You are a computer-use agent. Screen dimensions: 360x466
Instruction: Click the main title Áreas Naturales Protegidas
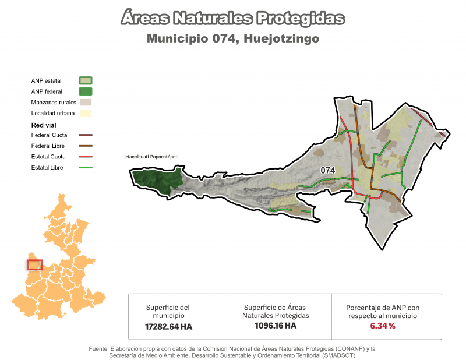click(x=232, y=18)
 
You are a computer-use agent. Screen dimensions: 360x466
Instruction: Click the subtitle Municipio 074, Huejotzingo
click(x=232, y=39)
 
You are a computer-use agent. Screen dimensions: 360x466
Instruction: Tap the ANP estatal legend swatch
click(x=86, y=80)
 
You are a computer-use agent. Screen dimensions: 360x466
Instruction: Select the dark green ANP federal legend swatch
click(x=86, y=91)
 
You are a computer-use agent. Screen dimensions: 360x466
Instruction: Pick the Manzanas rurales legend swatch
click(x=86, y=102)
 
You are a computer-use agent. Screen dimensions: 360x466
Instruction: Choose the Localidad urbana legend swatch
click(x=86, y=113)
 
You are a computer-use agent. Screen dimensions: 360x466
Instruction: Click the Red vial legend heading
click(x=44, y=125)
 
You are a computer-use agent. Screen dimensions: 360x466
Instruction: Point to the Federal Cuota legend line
click(x=86, y=135)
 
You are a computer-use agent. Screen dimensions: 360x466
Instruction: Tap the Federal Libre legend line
click(x=86, y=146)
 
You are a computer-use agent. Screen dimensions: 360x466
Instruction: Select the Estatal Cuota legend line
click(x=86, y=157)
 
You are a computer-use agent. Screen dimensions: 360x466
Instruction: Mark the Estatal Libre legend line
click(x=86, y=168)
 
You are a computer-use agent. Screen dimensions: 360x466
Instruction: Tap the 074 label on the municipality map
click(x=328, y=170)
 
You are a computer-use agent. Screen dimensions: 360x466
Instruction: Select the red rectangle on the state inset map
click(x=35, y=265)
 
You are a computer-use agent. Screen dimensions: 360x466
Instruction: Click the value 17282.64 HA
click(x=168, y=327)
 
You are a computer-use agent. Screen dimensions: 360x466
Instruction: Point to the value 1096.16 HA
click(x=276, y=326)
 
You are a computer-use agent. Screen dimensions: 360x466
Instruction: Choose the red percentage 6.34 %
click(x=382, y=326)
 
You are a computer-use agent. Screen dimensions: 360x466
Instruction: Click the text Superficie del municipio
click(x=168, y=311)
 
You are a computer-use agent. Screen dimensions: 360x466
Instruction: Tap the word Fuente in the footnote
click(x=99, y=348)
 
